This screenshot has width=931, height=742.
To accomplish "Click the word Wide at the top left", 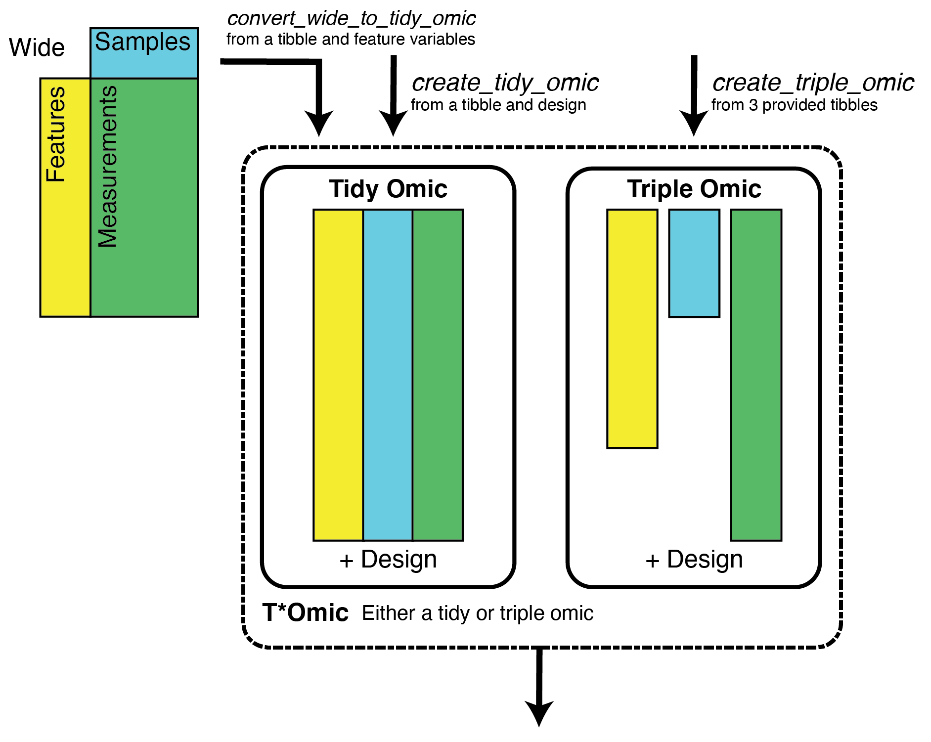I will point(37,48).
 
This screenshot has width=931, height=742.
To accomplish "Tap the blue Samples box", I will point(143,52).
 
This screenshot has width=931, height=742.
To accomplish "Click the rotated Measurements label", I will point(107,167).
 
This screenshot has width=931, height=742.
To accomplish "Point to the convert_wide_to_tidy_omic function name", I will point(351,19).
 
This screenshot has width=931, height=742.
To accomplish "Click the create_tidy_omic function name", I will point(505,83).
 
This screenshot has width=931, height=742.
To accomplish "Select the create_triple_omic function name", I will point(813,83).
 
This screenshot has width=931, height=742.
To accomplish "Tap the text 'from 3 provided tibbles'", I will point(794,105).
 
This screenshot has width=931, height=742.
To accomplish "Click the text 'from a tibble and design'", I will point(498,105).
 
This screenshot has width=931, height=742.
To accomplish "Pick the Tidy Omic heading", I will point(388,189).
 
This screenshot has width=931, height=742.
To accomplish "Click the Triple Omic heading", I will point(694,189).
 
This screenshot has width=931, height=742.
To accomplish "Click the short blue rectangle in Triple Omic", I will point(694,263).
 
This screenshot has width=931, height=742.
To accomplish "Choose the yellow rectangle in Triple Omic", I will point(632,329).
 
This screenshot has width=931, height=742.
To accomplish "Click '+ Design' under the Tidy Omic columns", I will point(388,560).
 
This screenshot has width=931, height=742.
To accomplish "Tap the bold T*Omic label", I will point(305,613).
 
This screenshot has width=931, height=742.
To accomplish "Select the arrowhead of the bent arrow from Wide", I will point(319,124).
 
